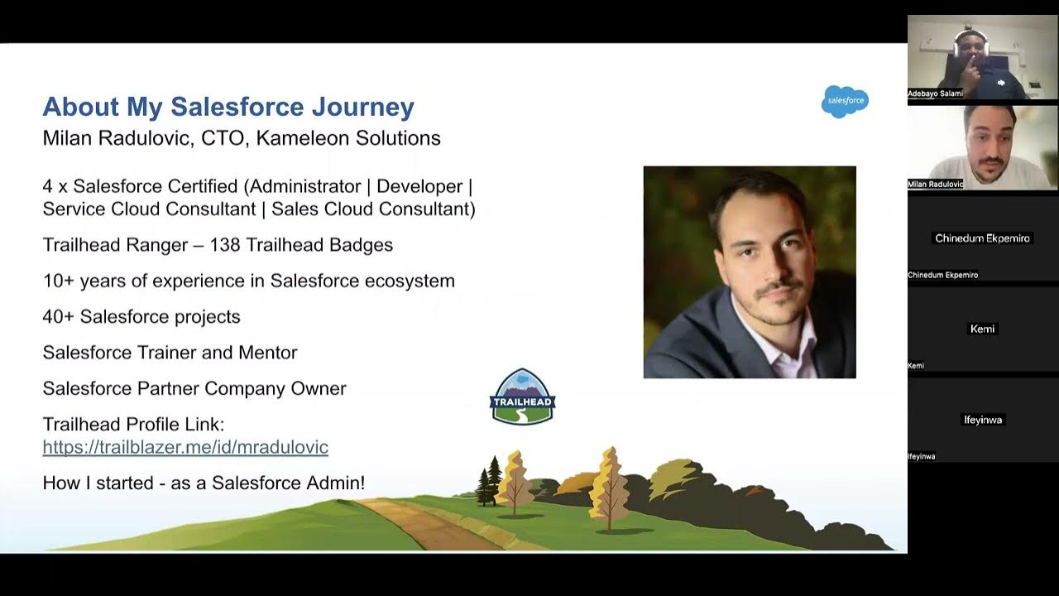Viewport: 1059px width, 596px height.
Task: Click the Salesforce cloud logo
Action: (845, 101)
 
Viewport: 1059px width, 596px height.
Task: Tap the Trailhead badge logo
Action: (523, 397)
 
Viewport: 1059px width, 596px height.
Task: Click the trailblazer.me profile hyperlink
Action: (185, 447)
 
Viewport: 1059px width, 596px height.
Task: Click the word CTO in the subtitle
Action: (223, 137)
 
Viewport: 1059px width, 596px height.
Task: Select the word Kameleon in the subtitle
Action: (301, 137)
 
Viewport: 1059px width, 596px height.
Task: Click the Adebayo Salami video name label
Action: (935, 94)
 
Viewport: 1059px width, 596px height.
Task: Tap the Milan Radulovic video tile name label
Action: (935, 184)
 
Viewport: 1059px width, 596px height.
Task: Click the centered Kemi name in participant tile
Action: (982, 329)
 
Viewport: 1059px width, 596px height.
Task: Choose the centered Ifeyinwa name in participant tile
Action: (982, 420)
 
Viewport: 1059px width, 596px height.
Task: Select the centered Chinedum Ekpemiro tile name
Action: (982, 238)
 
